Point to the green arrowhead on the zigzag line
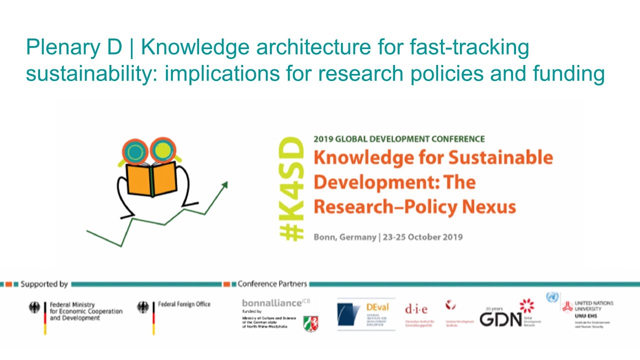(224, 184)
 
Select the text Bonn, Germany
(344, 237)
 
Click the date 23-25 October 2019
(422, 237)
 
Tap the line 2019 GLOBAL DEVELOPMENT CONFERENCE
(399, 139)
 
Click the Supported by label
(44, 284)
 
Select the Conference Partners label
(272, 284)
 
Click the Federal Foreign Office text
(184, 304)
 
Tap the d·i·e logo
(416, 309)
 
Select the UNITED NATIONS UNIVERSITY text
(594, 306)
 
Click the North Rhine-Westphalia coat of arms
(312, 324)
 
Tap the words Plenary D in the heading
(74, 48)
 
